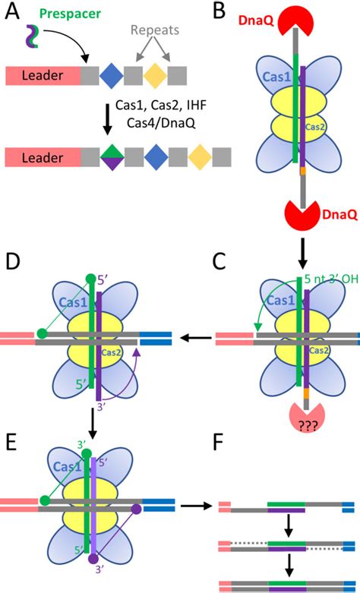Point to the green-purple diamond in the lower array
pyautogui.click(x=112, y=157)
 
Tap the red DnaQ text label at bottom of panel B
pyautogui.click(x=339, y=214)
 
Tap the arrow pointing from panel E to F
pyautogui.click(x=195, y=505)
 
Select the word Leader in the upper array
pyautogui.click(x=43, y=75)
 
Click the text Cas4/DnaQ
pyautogui.click(x=155, y=123)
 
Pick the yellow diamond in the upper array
pyautogui.click(x=155, y=75)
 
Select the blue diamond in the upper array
pyautogui.click(x=111, y=75)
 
